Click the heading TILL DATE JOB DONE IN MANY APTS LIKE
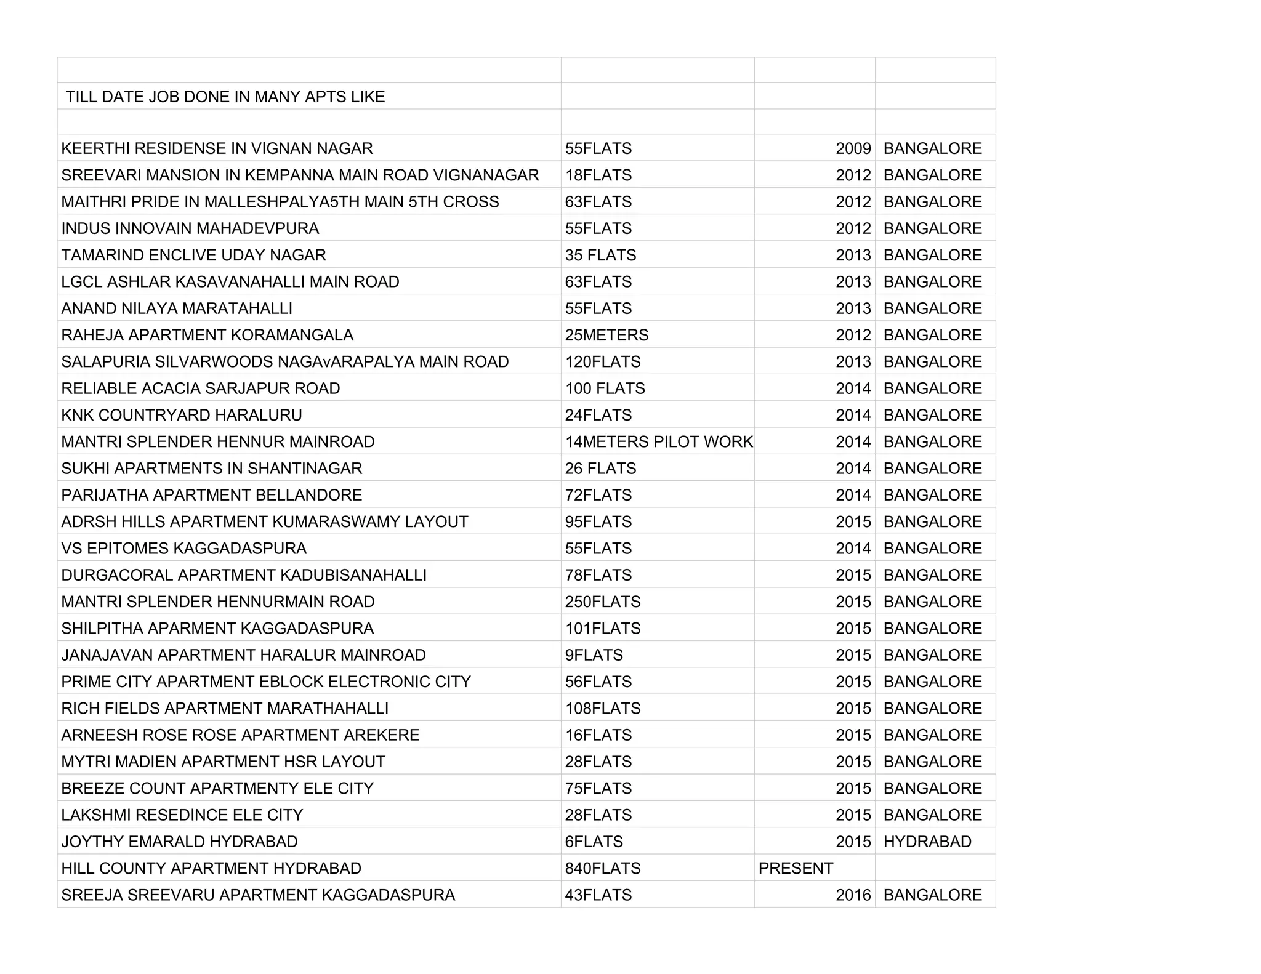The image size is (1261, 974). coord(225,97)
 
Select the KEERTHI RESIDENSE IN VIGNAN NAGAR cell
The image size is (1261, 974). coord(217,148)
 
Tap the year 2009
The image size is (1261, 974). coord(853,148)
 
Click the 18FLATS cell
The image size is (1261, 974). coord(598,175)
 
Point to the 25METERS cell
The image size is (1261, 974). coord(606,335)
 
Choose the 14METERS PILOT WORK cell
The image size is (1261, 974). coord(658,442)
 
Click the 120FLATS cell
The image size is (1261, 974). coord(602,362)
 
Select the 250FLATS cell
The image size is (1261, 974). coord(602,602)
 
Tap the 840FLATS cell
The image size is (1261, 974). coord(602,868)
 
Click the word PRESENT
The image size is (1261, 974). coord(796,868)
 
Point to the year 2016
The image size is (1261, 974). coord(853,895)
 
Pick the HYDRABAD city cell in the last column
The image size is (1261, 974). coord(927,842)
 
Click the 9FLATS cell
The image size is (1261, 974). coord(594,655)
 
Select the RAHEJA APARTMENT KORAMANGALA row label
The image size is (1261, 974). coord(207,335)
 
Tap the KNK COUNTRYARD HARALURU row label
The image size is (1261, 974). coord(182,415)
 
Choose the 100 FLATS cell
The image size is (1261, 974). coord(605,388)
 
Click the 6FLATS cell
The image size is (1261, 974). coord(594,842)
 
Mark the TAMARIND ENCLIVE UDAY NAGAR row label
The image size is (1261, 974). coord(193,255)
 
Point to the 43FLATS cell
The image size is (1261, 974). coord(598,895)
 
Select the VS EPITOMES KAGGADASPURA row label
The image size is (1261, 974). coord(183,549)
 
